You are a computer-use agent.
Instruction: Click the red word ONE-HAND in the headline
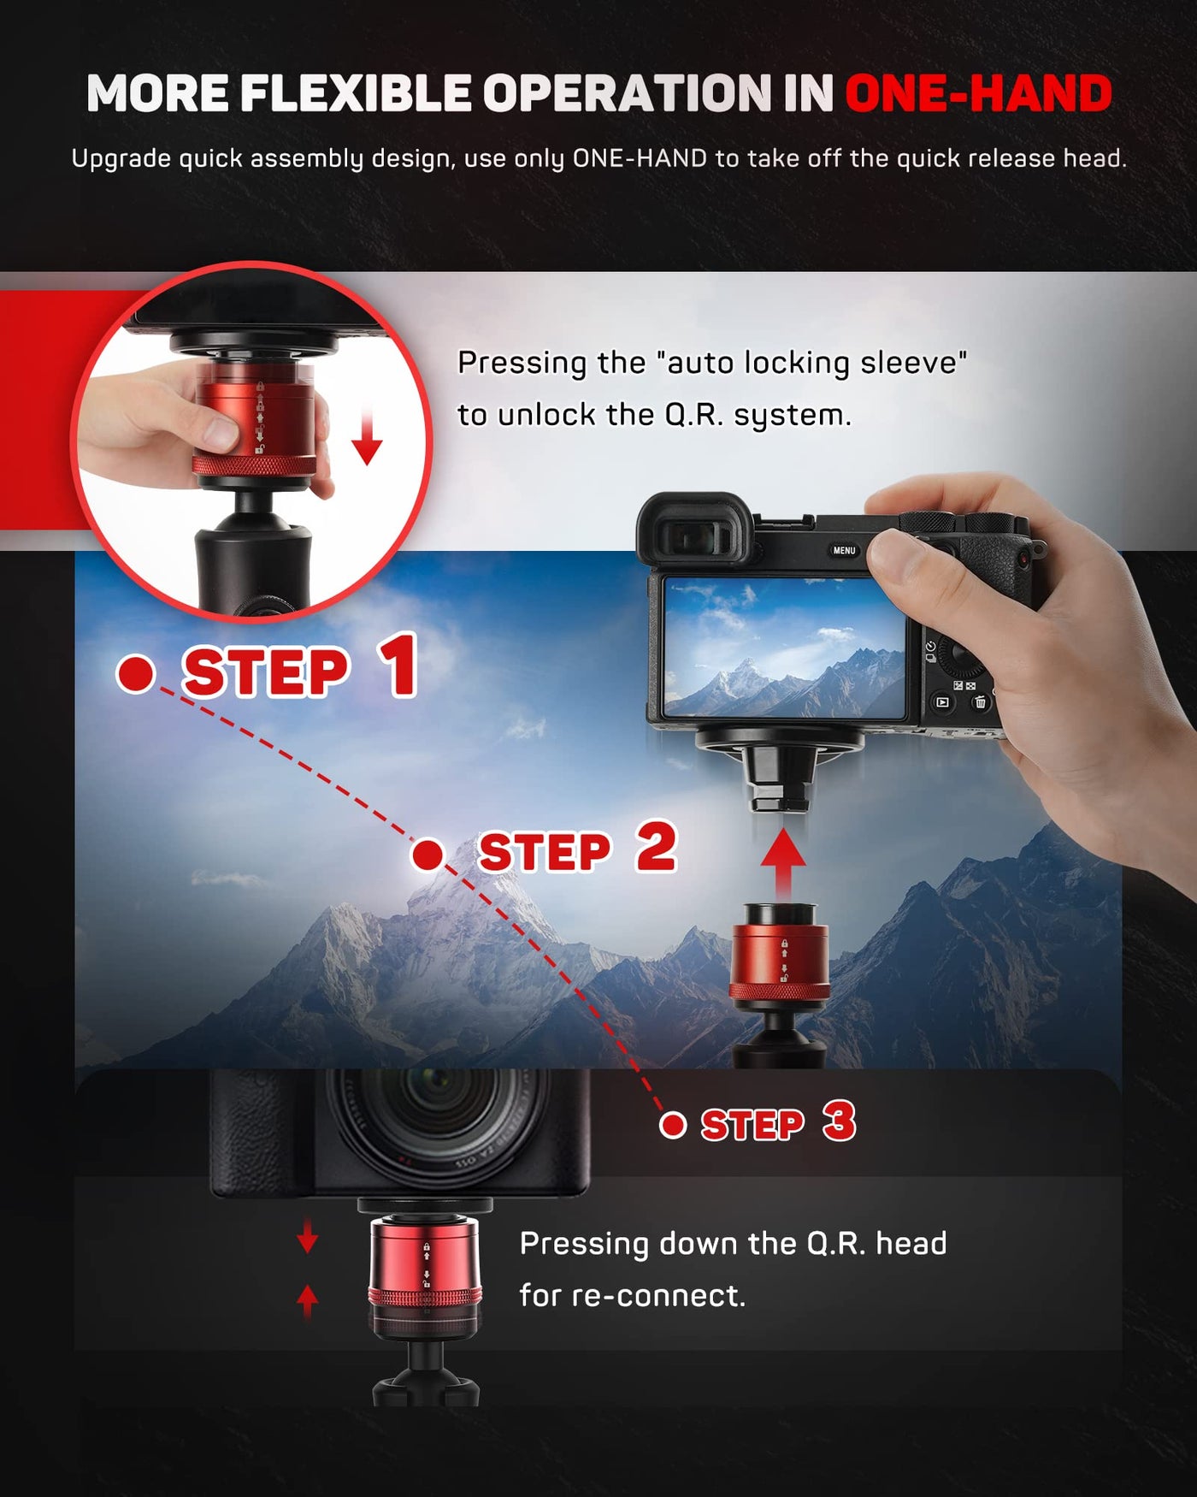(978, 93)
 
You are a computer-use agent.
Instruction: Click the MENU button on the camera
(844, 550)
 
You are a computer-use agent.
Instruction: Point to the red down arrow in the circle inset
(367, 435)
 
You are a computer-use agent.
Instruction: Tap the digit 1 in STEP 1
(397, 665)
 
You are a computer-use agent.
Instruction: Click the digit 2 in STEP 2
(657, 847)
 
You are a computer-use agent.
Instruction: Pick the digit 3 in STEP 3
(840, 1121)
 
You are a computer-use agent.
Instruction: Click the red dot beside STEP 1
(136, 673)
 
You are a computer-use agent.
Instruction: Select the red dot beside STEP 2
(428, 854)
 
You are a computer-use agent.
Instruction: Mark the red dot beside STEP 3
(674, 1125)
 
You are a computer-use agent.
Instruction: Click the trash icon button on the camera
(980, 702)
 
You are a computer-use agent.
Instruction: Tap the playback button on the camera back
(942, 702)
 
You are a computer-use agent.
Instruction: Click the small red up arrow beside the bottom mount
(308, 1301)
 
